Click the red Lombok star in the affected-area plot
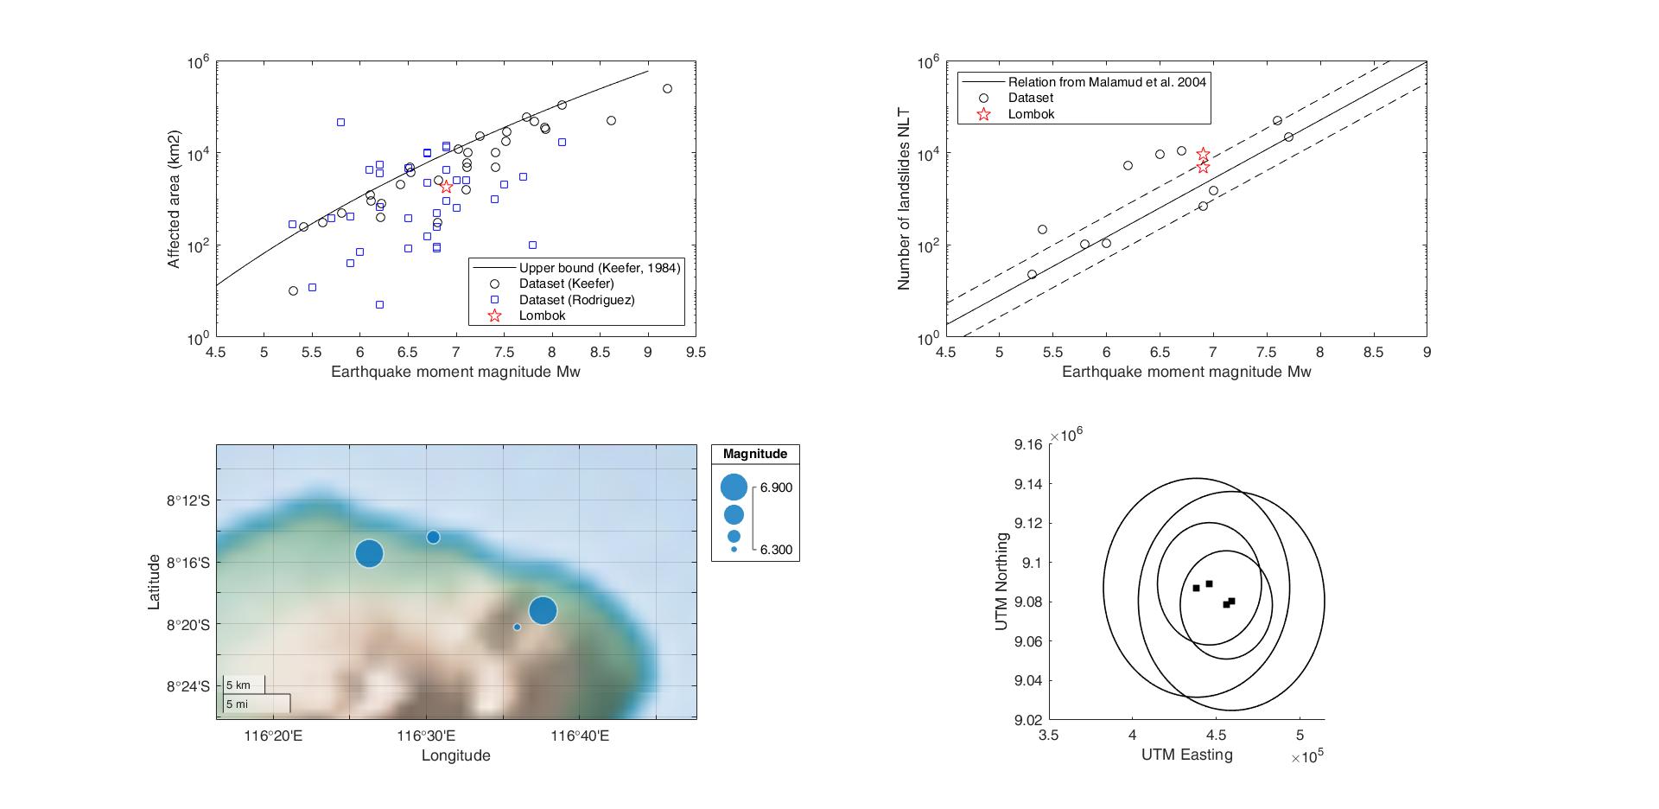coord(446,187)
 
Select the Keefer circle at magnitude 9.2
coord(667,88)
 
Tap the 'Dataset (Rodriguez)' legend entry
coord(576,300)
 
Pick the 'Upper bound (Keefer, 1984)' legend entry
coord(599,268)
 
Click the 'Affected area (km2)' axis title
coord(175,200)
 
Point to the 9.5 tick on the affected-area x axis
coord(696,352)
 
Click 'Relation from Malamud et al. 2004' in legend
coord(1107,82)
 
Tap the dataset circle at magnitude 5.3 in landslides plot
coord(1032,274)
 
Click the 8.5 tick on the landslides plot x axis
coord(1373,352)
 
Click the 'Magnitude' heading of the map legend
coord(755,454)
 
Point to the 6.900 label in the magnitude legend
coord(776,487)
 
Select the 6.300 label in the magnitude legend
coord(776,550)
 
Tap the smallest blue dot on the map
coord(517,627)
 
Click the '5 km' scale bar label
coord(238,685)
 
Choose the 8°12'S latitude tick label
coord(188,500)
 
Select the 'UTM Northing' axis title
coord(1002,582)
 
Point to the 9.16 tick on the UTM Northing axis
coord(1027,444)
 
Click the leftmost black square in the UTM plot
coord(1196,588)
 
